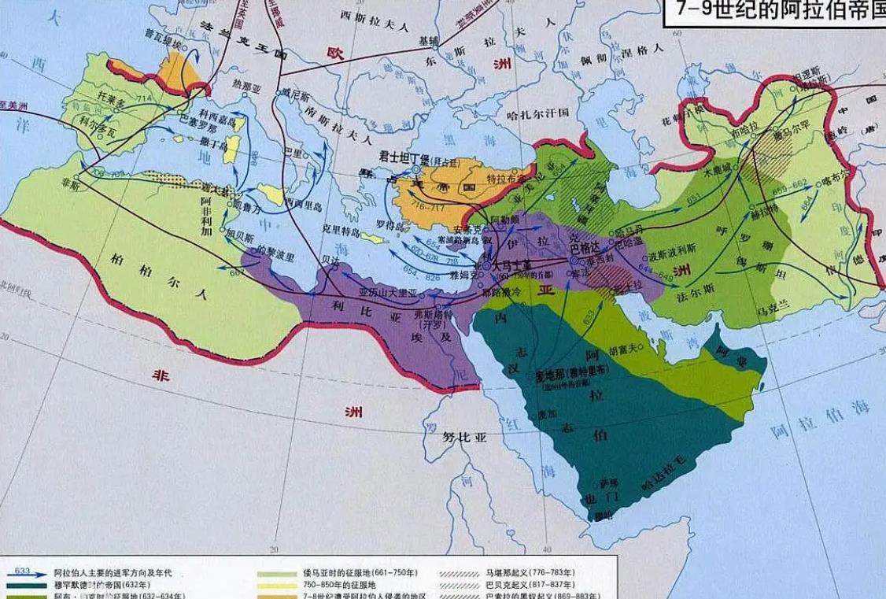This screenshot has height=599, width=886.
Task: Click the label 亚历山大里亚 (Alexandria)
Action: point(389,293)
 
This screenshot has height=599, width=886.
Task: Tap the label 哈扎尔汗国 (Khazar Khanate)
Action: point(539,113)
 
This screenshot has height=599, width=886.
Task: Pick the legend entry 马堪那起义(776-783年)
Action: point(529,572)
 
